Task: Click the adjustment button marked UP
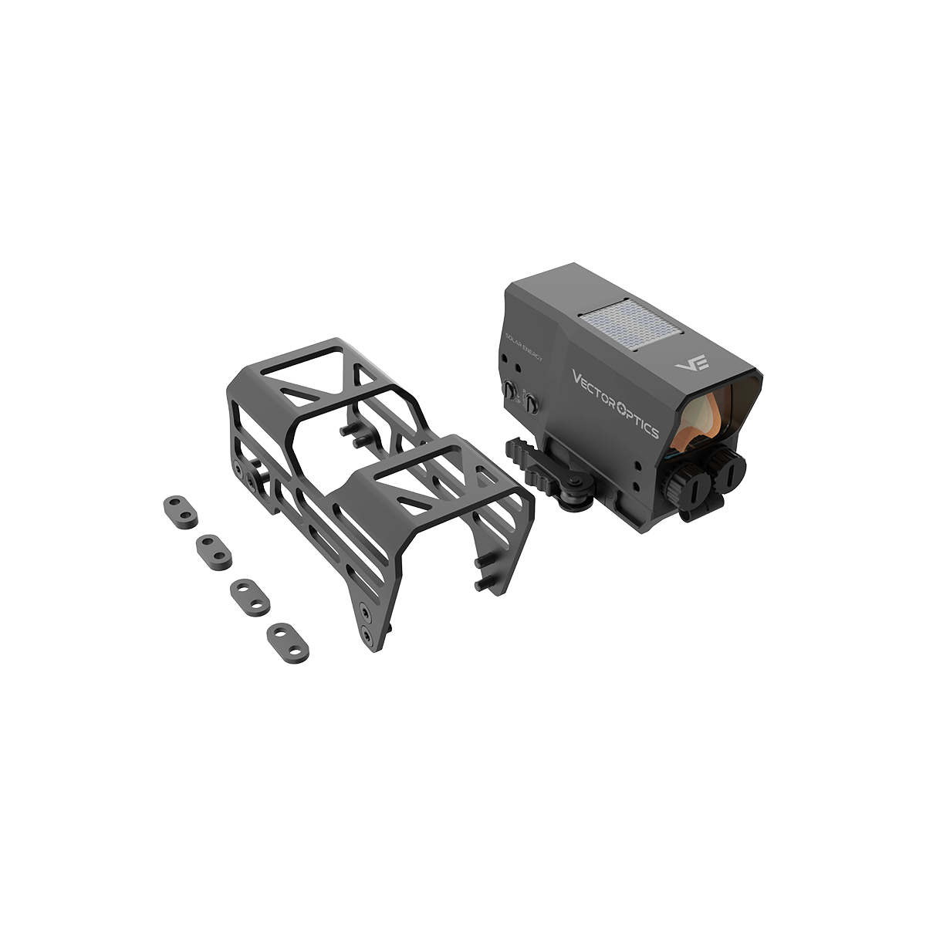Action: (x=511, y=390)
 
